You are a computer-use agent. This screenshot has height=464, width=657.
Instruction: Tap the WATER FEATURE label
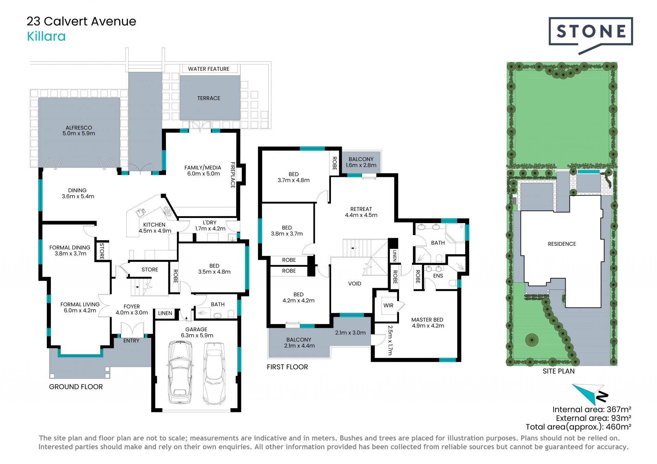pos(209,69)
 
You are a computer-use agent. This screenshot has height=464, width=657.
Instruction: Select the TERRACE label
pos(209,98)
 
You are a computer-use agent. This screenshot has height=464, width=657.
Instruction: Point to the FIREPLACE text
pos(233,175)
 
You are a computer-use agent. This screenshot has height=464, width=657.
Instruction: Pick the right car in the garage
pos(214,373)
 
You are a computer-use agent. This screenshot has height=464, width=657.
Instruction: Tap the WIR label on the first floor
pos(388,305)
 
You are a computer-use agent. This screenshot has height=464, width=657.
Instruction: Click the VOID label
pos(355,283)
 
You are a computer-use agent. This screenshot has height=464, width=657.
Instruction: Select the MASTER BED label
pos(427,320)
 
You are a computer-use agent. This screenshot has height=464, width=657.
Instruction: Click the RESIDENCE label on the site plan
pos(562,244)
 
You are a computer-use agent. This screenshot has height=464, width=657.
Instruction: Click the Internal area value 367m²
pos(619,409)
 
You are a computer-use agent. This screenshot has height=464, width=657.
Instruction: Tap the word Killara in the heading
pos(46,36)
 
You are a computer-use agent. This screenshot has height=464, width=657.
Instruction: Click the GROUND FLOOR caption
pos(76,387)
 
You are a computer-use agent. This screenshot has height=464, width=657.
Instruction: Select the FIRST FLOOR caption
pos(287,367)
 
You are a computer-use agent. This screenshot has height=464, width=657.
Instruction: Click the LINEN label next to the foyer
pos(165,313)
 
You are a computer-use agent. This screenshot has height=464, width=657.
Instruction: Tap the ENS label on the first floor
pos(438,275)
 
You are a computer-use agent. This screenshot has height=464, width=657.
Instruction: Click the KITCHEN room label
pos(154,225)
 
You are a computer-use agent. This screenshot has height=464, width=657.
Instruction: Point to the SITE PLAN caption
pos(559,371)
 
